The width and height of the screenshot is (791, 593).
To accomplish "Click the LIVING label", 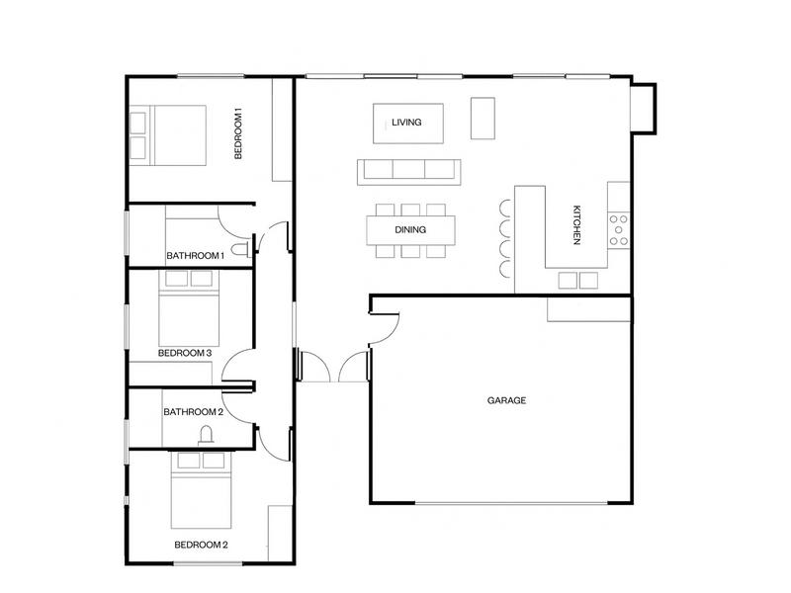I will (406, 123).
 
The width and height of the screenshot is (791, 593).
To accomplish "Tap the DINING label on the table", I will (410, 229).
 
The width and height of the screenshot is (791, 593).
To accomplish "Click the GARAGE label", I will (506, 400).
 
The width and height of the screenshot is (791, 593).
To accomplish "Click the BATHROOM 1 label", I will (196, 256).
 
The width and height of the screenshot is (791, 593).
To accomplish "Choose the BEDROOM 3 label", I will (186, 353).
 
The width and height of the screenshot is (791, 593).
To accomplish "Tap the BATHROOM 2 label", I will (194, 412).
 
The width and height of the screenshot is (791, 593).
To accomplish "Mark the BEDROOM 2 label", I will (202, 545).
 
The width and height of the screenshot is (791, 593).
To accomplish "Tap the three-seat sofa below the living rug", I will (408, 171).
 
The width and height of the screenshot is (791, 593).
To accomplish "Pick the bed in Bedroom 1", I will (168, 135).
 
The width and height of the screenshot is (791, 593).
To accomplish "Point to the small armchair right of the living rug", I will (482, 119).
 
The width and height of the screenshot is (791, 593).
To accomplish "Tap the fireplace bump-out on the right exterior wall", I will (644, 107).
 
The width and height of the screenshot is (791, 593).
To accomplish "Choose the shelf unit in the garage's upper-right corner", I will (589, 308).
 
